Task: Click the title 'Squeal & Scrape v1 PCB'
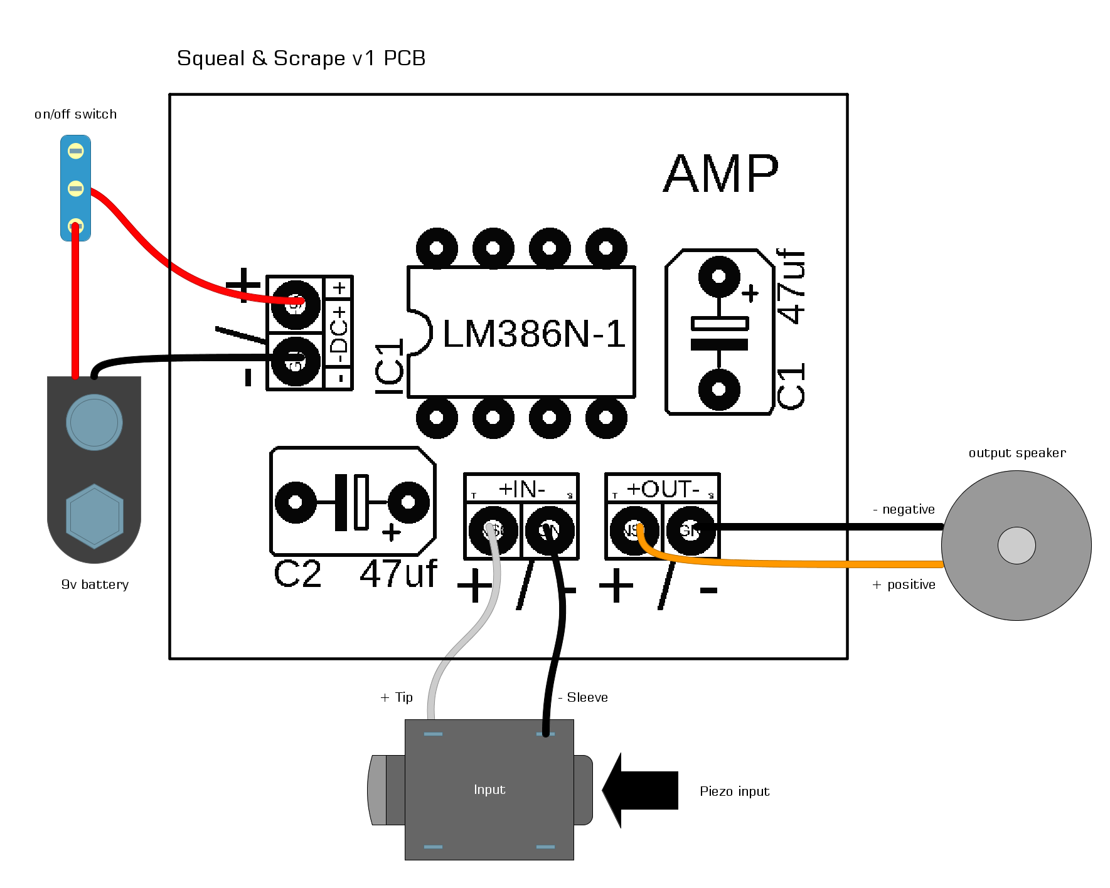click(x=301, y=58)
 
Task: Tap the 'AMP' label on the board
click(x=721, y=174)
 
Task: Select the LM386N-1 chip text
click(x=534, y=334)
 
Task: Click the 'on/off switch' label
click(x=75, y=114)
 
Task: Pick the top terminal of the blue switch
click(x=76, y=151)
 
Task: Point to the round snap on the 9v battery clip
click(x=94, y=422)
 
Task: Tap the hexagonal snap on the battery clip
click(x=95, y=516)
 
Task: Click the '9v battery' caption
click(x=95, y=584)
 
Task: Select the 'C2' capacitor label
click(x=297, y=574)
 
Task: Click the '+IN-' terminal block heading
click(x=521, y=489)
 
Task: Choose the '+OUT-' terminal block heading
click(x=663, y=489)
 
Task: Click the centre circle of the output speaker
click(x=1017, y=546)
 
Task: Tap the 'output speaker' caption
click(x=1017, y=453)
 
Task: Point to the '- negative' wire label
click(x=904, y=509)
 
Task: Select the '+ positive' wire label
click(x=904, y=584)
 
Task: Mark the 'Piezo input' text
click(x=734, y=791)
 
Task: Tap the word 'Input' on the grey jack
click(x=489, y=790)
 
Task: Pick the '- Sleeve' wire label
click(x=583, y=697)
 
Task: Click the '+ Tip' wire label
click(x=397, y=697)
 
